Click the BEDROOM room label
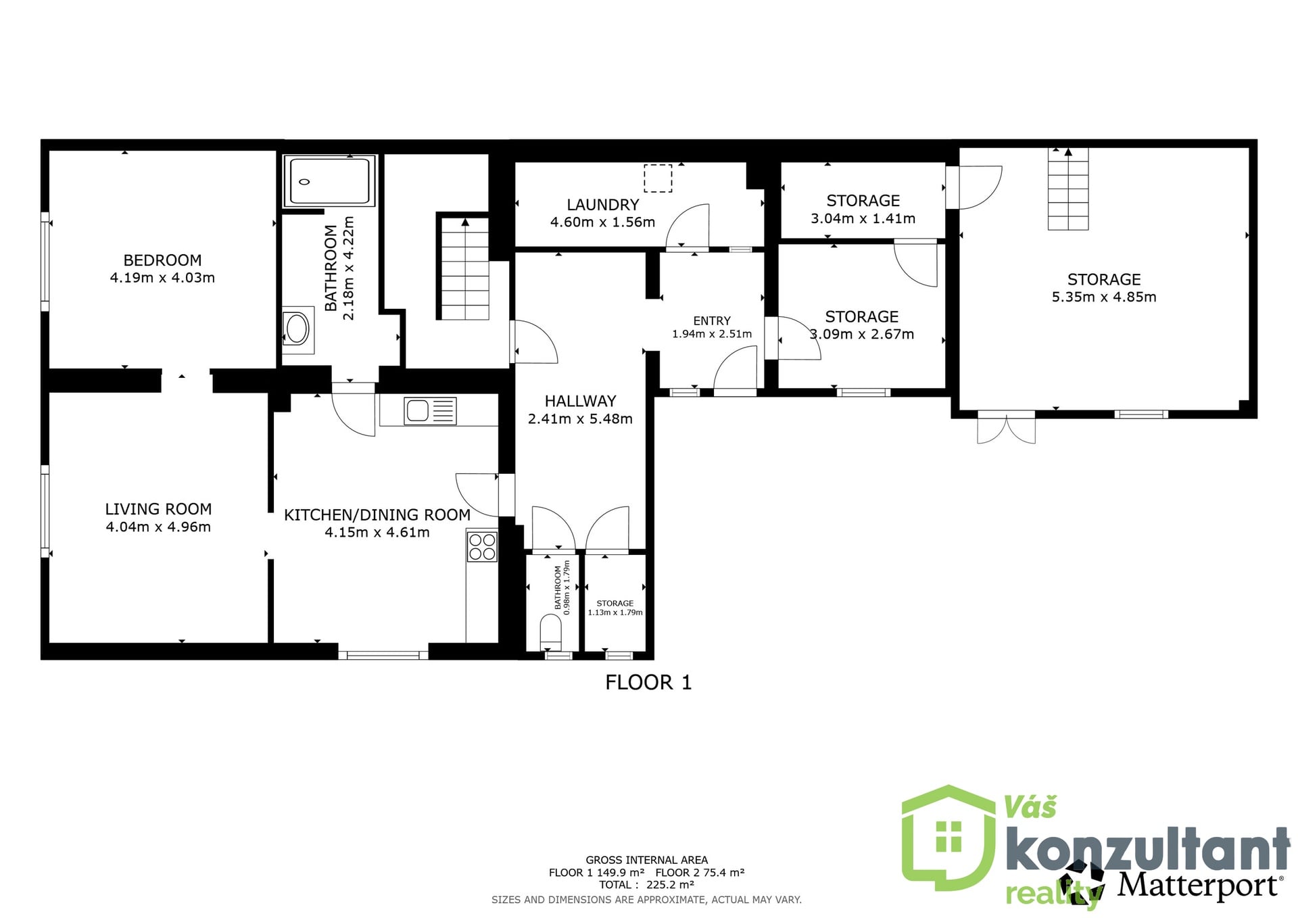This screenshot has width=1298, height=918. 162,260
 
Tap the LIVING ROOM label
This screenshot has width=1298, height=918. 158,509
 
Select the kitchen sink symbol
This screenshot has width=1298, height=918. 430,411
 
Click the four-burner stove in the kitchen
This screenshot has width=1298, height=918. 482,547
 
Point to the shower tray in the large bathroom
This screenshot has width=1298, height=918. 329,181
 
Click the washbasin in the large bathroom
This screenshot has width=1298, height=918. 297,330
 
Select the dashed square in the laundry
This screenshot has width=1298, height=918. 658,178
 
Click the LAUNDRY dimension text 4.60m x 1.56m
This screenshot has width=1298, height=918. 602,222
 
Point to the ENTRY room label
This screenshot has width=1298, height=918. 712,320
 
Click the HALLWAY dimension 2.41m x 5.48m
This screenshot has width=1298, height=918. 580,419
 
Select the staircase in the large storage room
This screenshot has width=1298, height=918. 1068,189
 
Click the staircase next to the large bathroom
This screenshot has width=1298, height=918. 465,268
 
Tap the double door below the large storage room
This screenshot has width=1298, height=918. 1007,427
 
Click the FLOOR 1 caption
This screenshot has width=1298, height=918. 648,683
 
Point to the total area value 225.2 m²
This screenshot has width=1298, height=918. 670,885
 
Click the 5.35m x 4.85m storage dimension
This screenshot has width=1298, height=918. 1104,297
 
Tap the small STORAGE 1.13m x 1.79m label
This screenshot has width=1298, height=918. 615,608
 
